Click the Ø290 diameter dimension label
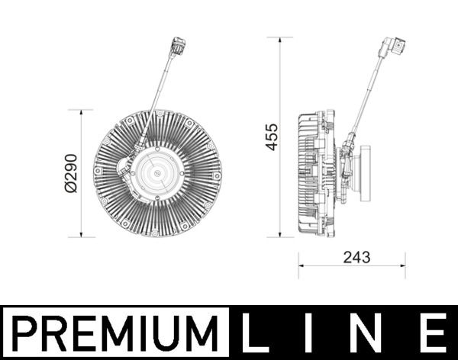click(x=71, y=173)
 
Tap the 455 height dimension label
click(x=272, y=137)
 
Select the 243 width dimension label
click(x=356, y=257)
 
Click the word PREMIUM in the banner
click(x=115, y=333)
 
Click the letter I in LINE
click(x=308, y=333)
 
